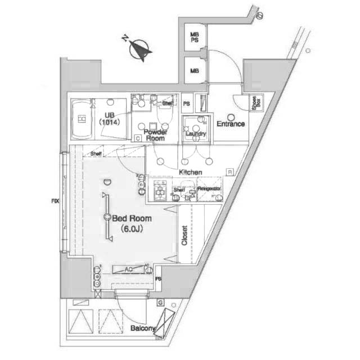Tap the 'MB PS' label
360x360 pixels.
(195, 38)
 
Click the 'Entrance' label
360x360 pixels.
(230, 124)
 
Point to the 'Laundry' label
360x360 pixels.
(196, 134)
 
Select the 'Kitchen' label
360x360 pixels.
(191, 172)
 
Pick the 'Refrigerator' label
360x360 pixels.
(209, 188)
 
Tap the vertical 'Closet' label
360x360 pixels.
(184, 235)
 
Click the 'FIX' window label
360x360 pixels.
(55, 201)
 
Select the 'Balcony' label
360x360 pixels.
(143, 328)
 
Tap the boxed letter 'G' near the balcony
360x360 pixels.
(160, 304)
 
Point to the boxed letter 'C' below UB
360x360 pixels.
(137, 138)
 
